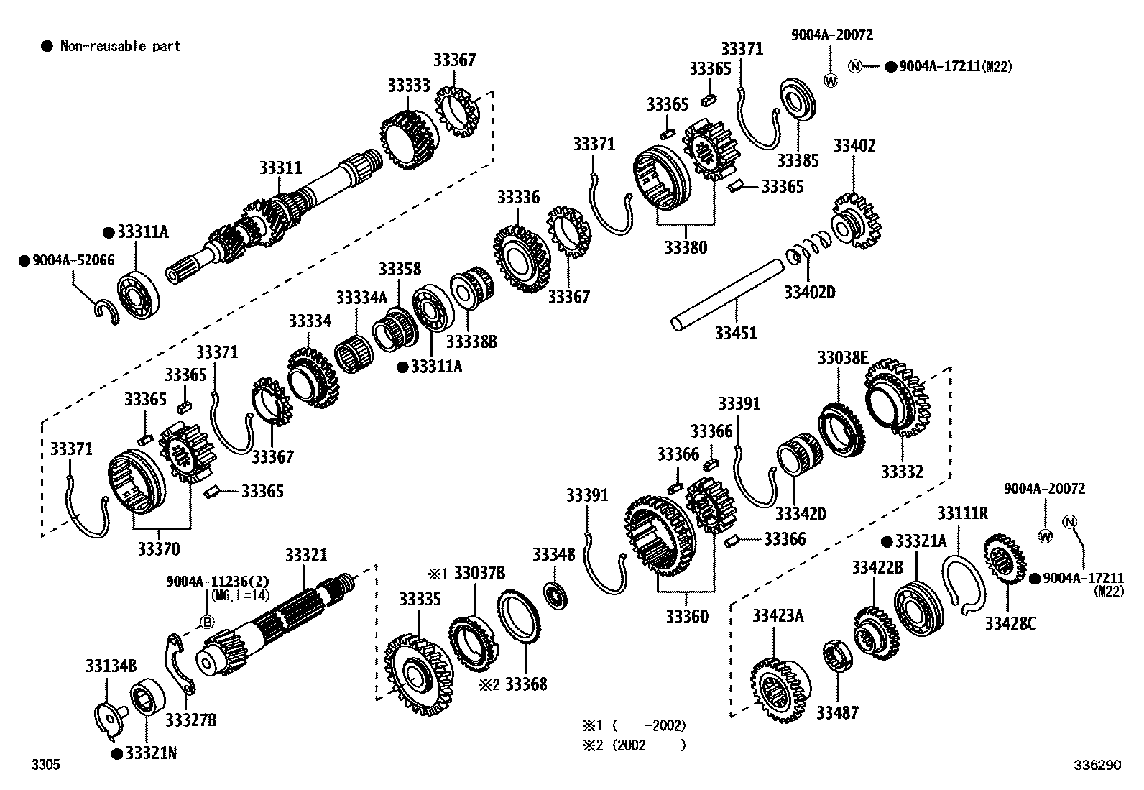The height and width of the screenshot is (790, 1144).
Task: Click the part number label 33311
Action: coord(280,168)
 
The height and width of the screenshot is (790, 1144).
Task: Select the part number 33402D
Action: coord(809,292)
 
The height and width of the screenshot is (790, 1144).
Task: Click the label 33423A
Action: coord(778,615)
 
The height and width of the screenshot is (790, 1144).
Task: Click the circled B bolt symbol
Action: coord(207,623)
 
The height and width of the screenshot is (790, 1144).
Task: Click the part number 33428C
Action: coord(1010,623)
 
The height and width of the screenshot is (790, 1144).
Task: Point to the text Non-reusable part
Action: coord(120,47)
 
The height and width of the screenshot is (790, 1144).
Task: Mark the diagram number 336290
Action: coord(1097,765)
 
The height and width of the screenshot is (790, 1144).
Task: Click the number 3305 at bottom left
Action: coord(45,765)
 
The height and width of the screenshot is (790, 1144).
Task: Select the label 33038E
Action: coord(842,357)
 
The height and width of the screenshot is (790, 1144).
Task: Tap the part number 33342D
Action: coord(801,513)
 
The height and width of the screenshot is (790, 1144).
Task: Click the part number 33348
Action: coord(553,554)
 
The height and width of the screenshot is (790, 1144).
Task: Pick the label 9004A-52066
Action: coord(73,260)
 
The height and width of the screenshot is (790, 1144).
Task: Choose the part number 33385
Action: coord(798,160)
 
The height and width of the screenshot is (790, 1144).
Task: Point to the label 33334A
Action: coord(361,297)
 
